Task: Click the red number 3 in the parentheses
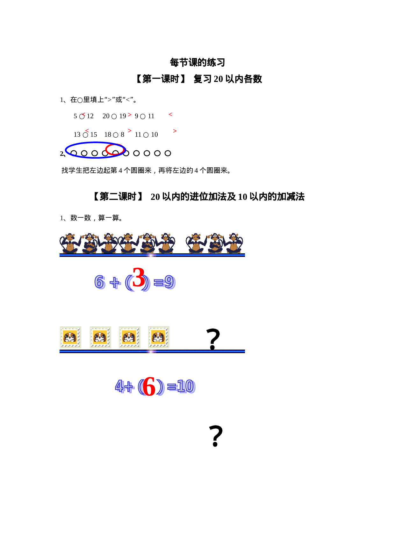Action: [x=139, y=277]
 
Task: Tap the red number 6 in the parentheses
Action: [x=149, y=386]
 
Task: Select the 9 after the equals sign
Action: [x=170, y=282]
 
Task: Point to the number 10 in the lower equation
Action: [x=186, y=387]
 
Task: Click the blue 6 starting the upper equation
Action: [x=100, y=282]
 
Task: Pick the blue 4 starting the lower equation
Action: [x=119, y=386]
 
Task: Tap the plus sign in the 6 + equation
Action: [x=115, y=283]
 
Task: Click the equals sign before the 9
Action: [x=159, y=282]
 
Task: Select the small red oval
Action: [x=115, y=149]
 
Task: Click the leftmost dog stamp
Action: [x=70, y=337]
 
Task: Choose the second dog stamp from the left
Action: [x=100, y=337]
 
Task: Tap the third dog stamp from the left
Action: [x=130, y=337]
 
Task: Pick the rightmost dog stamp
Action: [x=159, y=337]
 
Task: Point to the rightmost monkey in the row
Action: [x=234, y=243]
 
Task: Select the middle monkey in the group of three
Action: [x=215, y=243]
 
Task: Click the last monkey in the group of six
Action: [x=165, y=243]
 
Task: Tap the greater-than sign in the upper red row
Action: [x=130, y=115]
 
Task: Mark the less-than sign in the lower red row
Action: [x=87, y=131]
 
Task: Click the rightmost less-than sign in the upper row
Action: [x=171, y=114]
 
